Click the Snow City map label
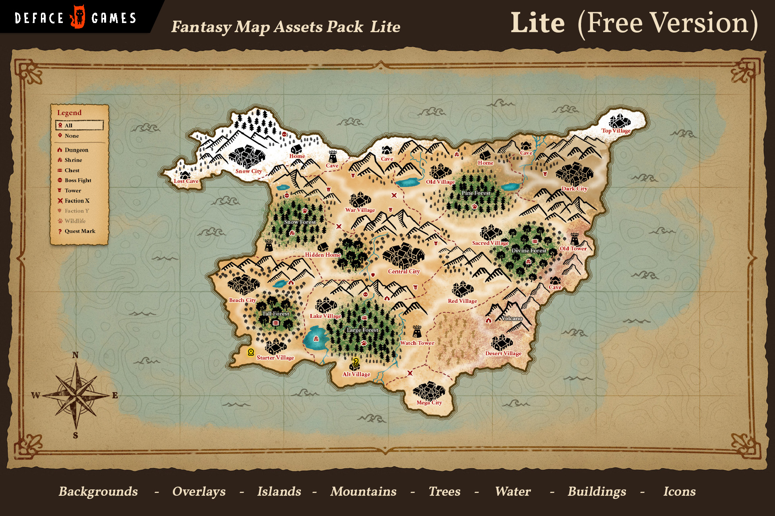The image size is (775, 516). pos(248,171)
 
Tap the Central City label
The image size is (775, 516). pos(404,271)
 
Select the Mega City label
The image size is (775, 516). pos(429,402)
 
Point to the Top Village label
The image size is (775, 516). pos(616,131)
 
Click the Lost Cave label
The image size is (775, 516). pos(186,181)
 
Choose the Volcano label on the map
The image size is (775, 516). pos(511,318)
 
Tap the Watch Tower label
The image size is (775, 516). pos(417,343)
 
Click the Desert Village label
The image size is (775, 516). pos(503,353)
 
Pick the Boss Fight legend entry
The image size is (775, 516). pos(78,180)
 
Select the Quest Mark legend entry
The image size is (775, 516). pos(80,231)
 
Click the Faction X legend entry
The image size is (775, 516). pos(77,201)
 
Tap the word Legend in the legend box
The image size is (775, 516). pos(69,113)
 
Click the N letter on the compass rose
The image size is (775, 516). pos(76,355)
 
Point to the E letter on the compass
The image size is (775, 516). pos(115,395)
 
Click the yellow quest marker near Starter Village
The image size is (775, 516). pos(251,352)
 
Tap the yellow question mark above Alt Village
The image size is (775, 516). pos(356,362)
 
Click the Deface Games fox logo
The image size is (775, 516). pos(78,17)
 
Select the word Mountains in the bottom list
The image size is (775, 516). pos(363,491)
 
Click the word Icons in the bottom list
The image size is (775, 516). pos(679,491)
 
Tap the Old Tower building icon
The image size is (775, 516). pos(574,239)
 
